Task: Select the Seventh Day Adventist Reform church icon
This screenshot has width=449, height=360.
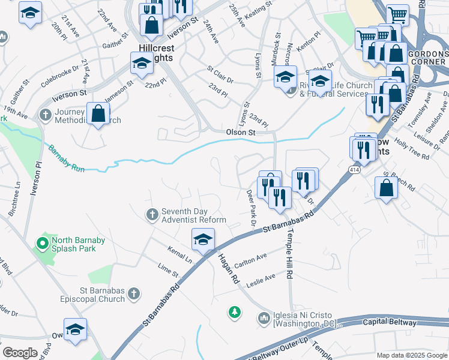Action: (x=152, y=214)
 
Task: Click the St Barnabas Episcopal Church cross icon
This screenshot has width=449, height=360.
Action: (x=134, y=293)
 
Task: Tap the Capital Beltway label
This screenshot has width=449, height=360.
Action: (x=390, y=323)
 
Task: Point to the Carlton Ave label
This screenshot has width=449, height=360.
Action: (x=250, y=259)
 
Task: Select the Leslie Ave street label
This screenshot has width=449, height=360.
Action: (x=260, y=278)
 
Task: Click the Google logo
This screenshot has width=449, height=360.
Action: (x=20, y=353)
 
